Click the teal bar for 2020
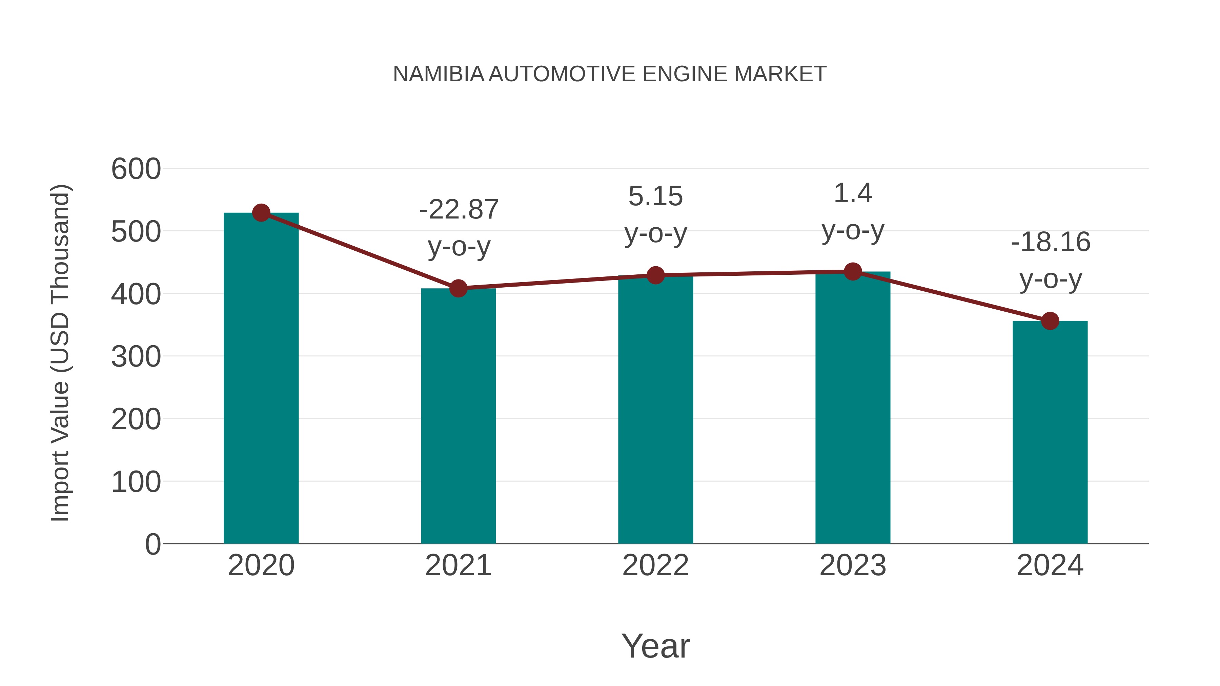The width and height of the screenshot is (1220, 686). pos(261,379)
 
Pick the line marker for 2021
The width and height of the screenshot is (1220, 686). pos(459,288)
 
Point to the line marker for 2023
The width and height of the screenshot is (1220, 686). pos(853,272)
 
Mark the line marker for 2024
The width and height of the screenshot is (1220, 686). pos(1050,321)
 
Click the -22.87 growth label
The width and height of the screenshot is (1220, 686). pos(459,210)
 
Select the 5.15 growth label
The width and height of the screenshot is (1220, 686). pos(655,196)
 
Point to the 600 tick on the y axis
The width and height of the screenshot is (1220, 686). pos(136,169)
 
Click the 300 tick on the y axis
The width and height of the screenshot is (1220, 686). pos(136,357)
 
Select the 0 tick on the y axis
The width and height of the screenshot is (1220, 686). pos(153,544)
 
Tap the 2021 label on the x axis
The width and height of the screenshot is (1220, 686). pos(459,565)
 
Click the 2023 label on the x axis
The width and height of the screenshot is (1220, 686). pos(853,565)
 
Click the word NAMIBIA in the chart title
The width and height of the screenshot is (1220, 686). pos(439,74)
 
